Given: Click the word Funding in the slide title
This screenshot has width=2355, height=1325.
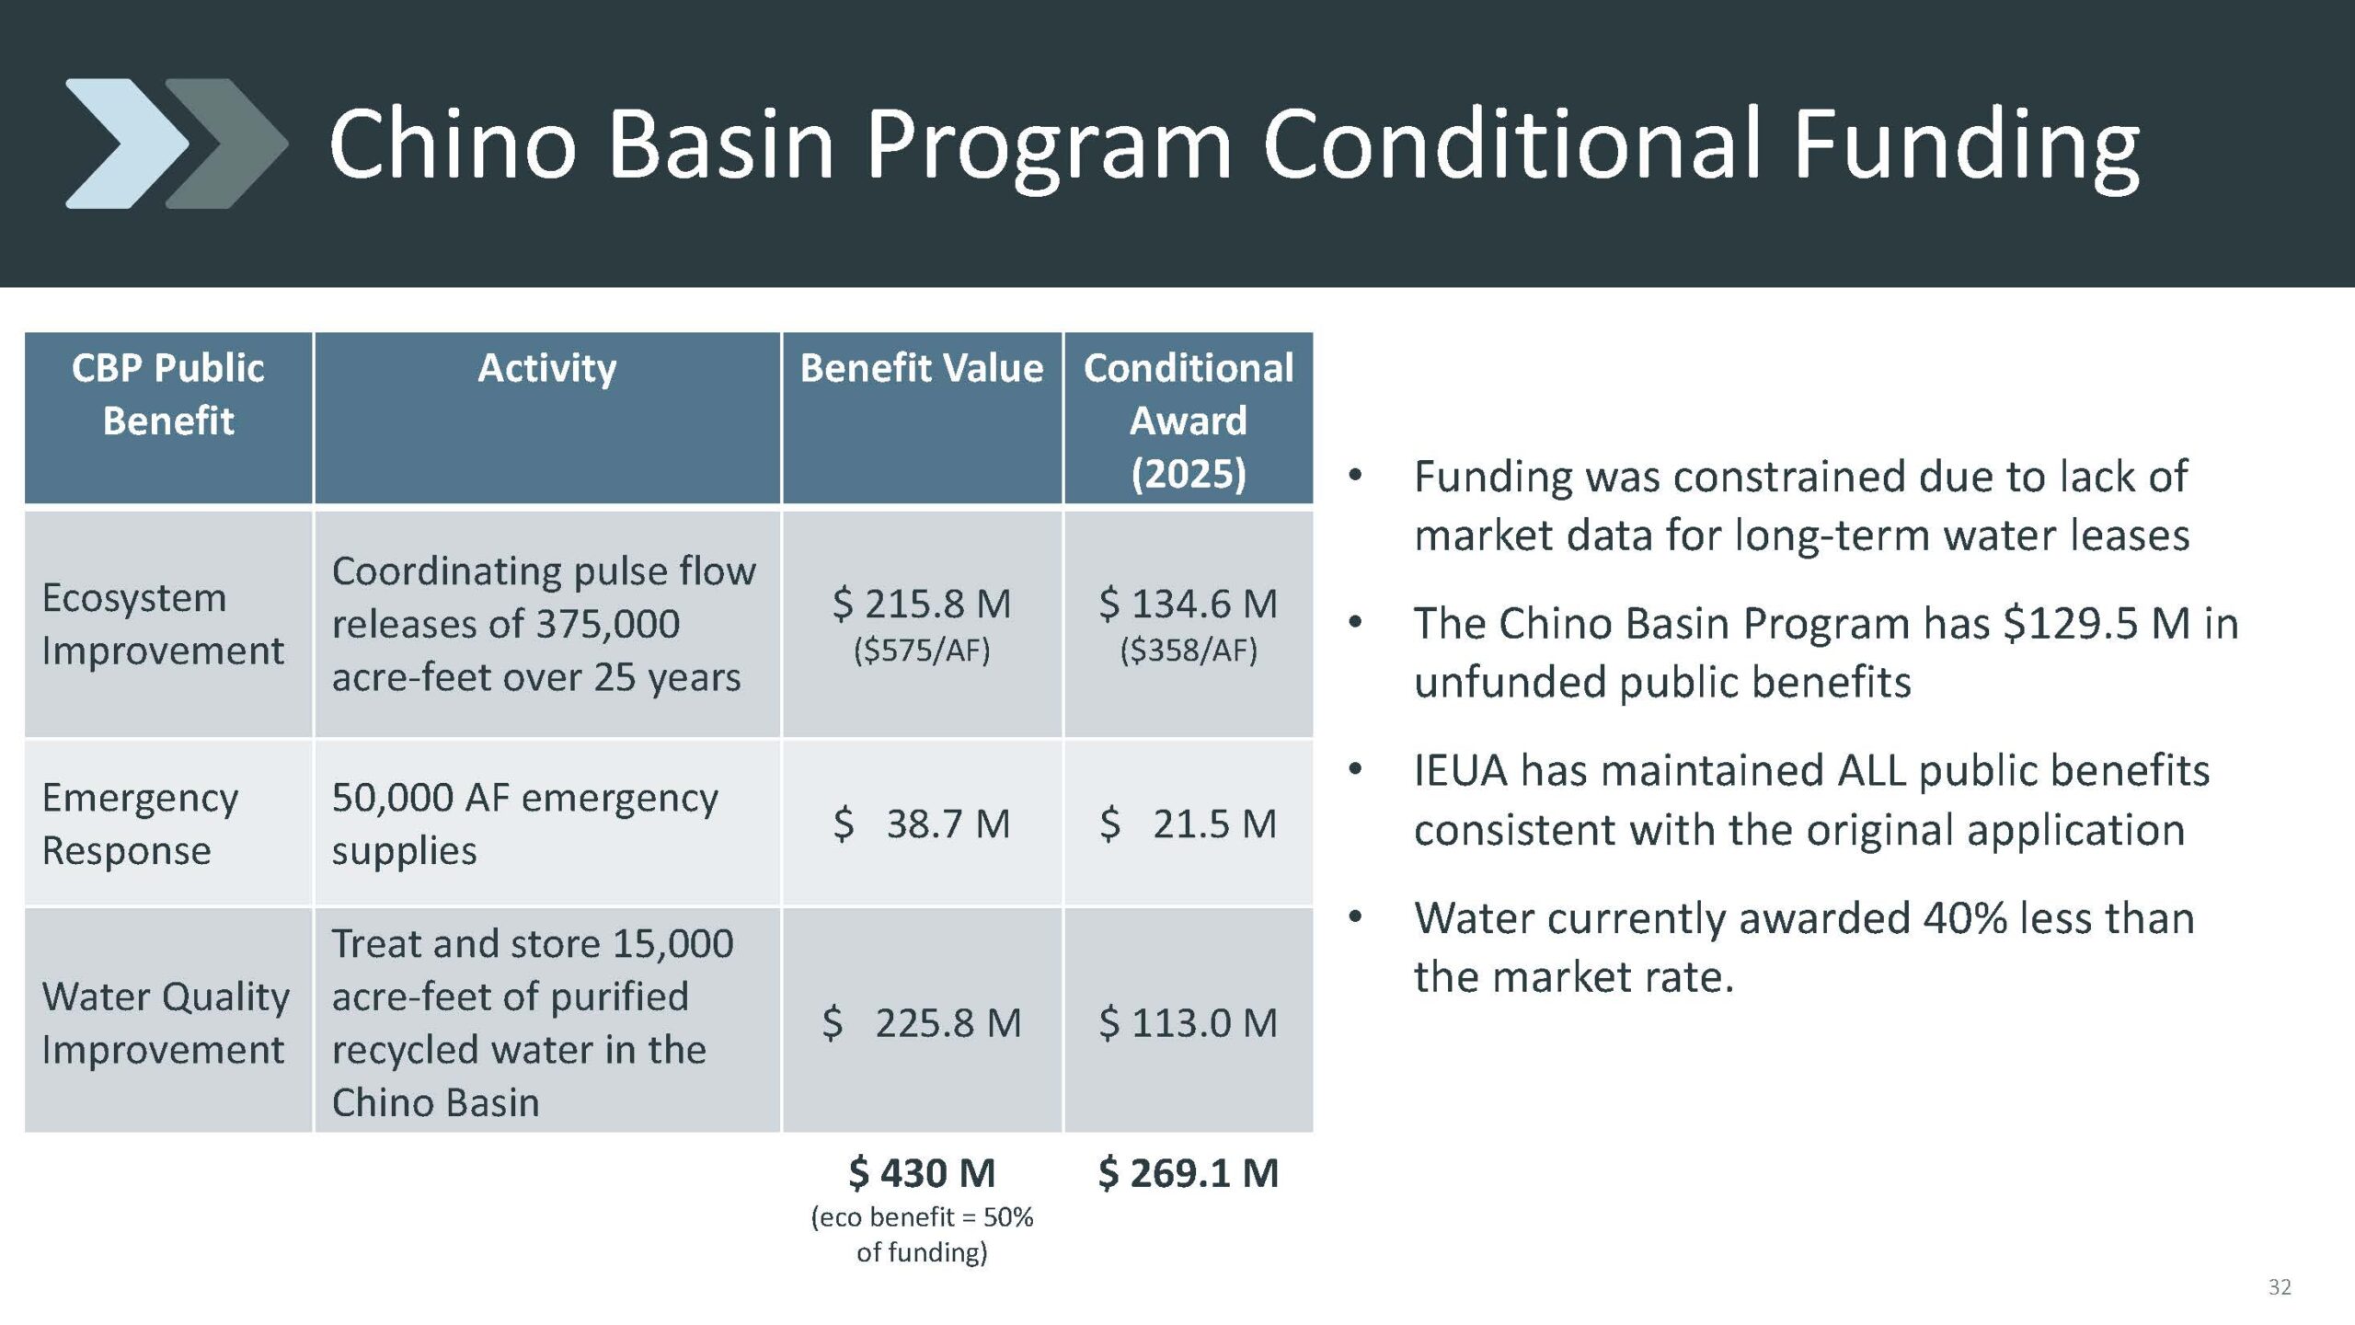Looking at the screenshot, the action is [x=1966, y=145].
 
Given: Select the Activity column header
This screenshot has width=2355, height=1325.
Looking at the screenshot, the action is [x=547, y=368].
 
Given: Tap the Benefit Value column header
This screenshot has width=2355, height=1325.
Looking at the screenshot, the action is [x=922, y=368].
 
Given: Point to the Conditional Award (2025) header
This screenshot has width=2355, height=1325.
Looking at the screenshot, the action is [x=1189, y=421].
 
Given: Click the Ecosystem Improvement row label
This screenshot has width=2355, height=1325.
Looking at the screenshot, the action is [x=163, y=624].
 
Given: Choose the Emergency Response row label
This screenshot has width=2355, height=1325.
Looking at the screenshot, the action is [x=140, y=824].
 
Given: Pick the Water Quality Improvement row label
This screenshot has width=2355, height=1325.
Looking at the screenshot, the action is [x=166, y=1022].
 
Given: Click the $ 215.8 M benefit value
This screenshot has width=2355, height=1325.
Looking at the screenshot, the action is [x=922, y=604].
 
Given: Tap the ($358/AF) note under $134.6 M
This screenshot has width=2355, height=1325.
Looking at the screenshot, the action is [x=1189, y=651].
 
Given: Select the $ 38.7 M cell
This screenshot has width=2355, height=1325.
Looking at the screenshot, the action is [x=922, y=824].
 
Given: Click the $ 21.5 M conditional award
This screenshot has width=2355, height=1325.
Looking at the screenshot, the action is [x=1189, y=824].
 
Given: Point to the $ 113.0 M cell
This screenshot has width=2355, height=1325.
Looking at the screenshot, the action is [x=1189, y=1022].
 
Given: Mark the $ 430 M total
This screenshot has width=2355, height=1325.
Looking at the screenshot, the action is [x=922, y=1172].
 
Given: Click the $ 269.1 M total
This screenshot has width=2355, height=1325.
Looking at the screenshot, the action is [x=1189, y=1172].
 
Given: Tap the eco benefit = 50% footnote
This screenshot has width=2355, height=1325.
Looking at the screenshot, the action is [x=922, y=1234].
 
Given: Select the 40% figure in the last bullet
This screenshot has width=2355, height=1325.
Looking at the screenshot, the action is [x=1965, y=918].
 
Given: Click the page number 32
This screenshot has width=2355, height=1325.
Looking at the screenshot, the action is [x=2280, y=1287].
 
